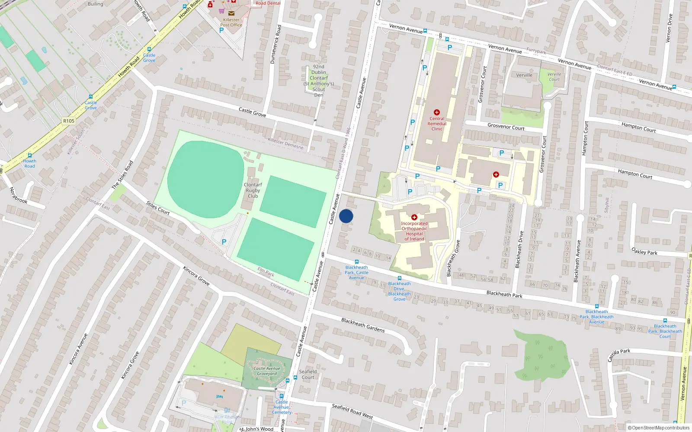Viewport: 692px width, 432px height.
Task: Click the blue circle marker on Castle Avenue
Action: tap(346, 216)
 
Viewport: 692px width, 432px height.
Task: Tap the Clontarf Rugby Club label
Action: tap(253, 191)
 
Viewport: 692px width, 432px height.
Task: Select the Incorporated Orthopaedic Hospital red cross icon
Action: tap(414, 217)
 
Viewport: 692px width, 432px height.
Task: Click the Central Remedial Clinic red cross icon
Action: tap(437, 112)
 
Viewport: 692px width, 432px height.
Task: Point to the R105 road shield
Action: tap(69, 121)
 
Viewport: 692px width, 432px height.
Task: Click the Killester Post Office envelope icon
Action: tap(231, 13)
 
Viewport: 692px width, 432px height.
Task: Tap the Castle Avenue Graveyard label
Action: tap(267, 371)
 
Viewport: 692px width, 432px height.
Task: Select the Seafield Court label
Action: tap(308, 375)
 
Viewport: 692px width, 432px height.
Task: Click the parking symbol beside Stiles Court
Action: tap(224, 242)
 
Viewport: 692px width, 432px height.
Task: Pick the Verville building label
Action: tap(524, 75)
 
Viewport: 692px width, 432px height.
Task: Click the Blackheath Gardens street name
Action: tap(363, 325)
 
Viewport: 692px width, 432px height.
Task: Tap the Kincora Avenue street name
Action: tap(78, 349)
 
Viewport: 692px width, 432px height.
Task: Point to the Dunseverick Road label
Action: tap(276, 44)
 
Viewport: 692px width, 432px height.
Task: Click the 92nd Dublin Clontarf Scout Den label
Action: tap(319, 81)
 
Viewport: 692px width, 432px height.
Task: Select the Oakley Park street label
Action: tap(644, 251)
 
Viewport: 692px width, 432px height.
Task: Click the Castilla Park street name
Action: tap(619, 355)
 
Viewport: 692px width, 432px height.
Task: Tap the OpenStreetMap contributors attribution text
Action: tap(658, 428)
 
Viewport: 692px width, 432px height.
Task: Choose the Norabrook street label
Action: tap(19, 195)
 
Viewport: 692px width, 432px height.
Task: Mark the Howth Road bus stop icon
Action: tap(30, 155)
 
